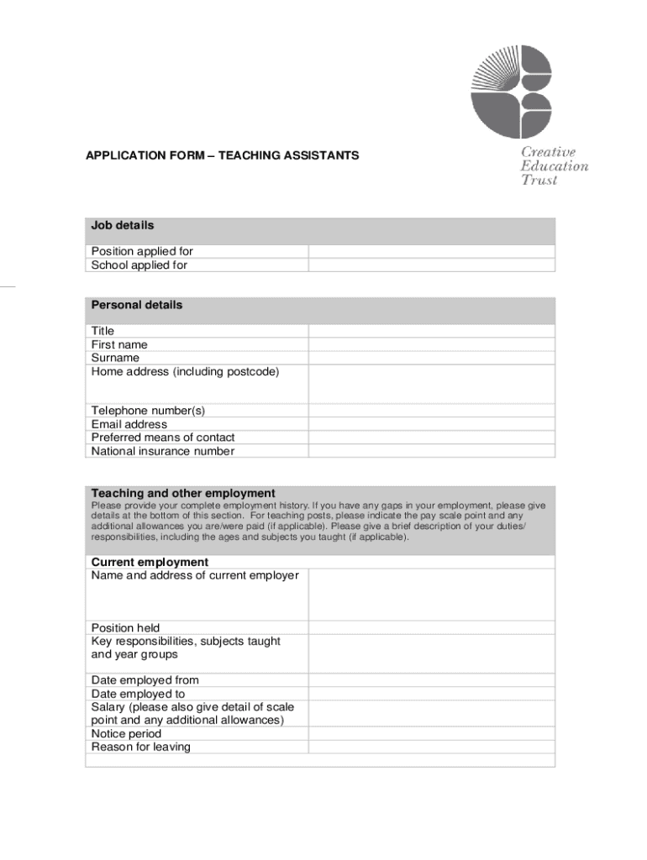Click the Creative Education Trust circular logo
511,92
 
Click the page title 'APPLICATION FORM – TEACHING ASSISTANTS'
223,155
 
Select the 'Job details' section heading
123,226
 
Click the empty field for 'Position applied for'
431,252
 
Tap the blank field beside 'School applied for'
431,265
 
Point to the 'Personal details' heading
137,305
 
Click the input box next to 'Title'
431,331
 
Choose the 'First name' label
119,344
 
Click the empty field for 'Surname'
431,358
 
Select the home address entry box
431,384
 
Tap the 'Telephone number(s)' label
148,411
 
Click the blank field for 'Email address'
431,424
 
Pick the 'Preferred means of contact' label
163,438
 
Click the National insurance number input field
431,451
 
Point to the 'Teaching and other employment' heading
183,493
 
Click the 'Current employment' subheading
150,562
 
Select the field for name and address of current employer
431,595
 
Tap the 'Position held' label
125,628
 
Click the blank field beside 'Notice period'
431,734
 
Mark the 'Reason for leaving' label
141,747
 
